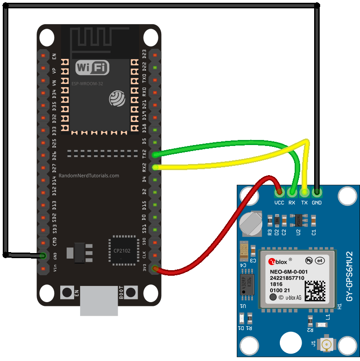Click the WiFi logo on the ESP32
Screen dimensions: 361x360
click(92, 68)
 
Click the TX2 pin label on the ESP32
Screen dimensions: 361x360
click(144, 154)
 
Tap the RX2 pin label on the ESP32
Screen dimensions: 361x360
click(144, 166)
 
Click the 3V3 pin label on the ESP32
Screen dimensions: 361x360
click(144, 268)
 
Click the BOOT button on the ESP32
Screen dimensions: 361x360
click(131, 292)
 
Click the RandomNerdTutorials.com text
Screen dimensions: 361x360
click(88, 176)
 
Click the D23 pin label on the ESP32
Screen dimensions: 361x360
click(144, 54)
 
